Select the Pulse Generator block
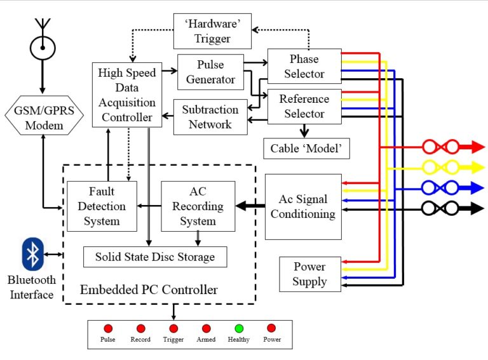pos(210,72)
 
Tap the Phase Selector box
pos(304,67)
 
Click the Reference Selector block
pos(304,107)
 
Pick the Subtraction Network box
pos(210,117)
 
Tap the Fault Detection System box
pos(102,206)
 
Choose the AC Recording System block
pos(198,206)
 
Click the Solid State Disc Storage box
pos(155,257)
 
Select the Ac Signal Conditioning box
pos(302,206)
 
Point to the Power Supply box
pos(309,274)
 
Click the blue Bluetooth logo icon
pos(32,255)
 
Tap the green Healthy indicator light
pos(239,328)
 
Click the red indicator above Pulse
pos(108,328)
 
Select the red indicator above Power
pos(271,328)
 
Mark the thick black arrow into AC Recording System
pos(250,206)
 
